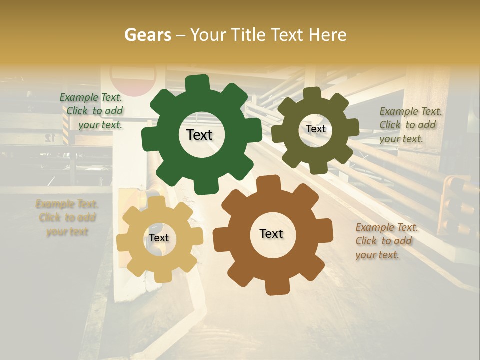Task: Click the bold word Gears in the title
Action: [x=147, y=35]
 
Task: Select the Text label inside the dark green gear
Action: [x=200, y=135]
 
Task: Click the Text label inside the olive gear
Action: [x=316, y=129]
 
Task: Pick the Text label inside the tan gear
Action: [x=159, y=238]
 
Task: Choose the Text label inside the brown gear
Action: [x=271, y=234]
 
